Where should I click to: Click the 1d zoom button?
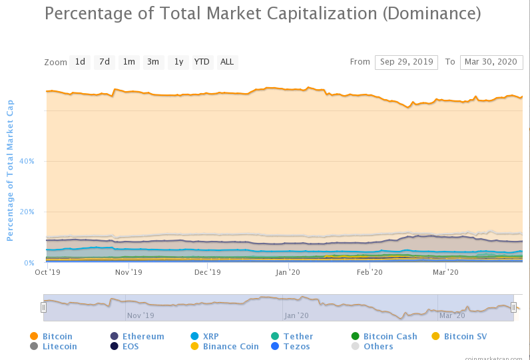pyautogui.click(x=80, y=62)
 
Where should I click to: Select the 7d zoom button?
pyautogui.click(x=105, y=62)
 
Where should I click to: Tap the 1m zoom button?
pyautogui.click(x=129, y=62)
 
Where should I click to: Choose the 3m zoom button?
pyautogui.click(x=153, y=62)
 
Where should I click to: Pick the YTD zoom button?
pyautogui.click(x=202, y=62)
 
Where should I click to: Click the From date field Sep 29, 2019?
pyautogui.click(x=406, y=62)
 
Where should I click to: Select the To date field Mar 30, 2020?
pyautogui.click(x=491, y=62)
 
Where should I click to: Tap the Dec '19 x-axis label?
pyautogui.click(x=208, y=272)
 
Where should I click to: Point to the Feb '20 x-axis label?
pyautogui.click(x=370, y=272)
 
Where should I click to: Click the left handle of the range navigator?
pyautogui.click(x=43, y=307)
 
